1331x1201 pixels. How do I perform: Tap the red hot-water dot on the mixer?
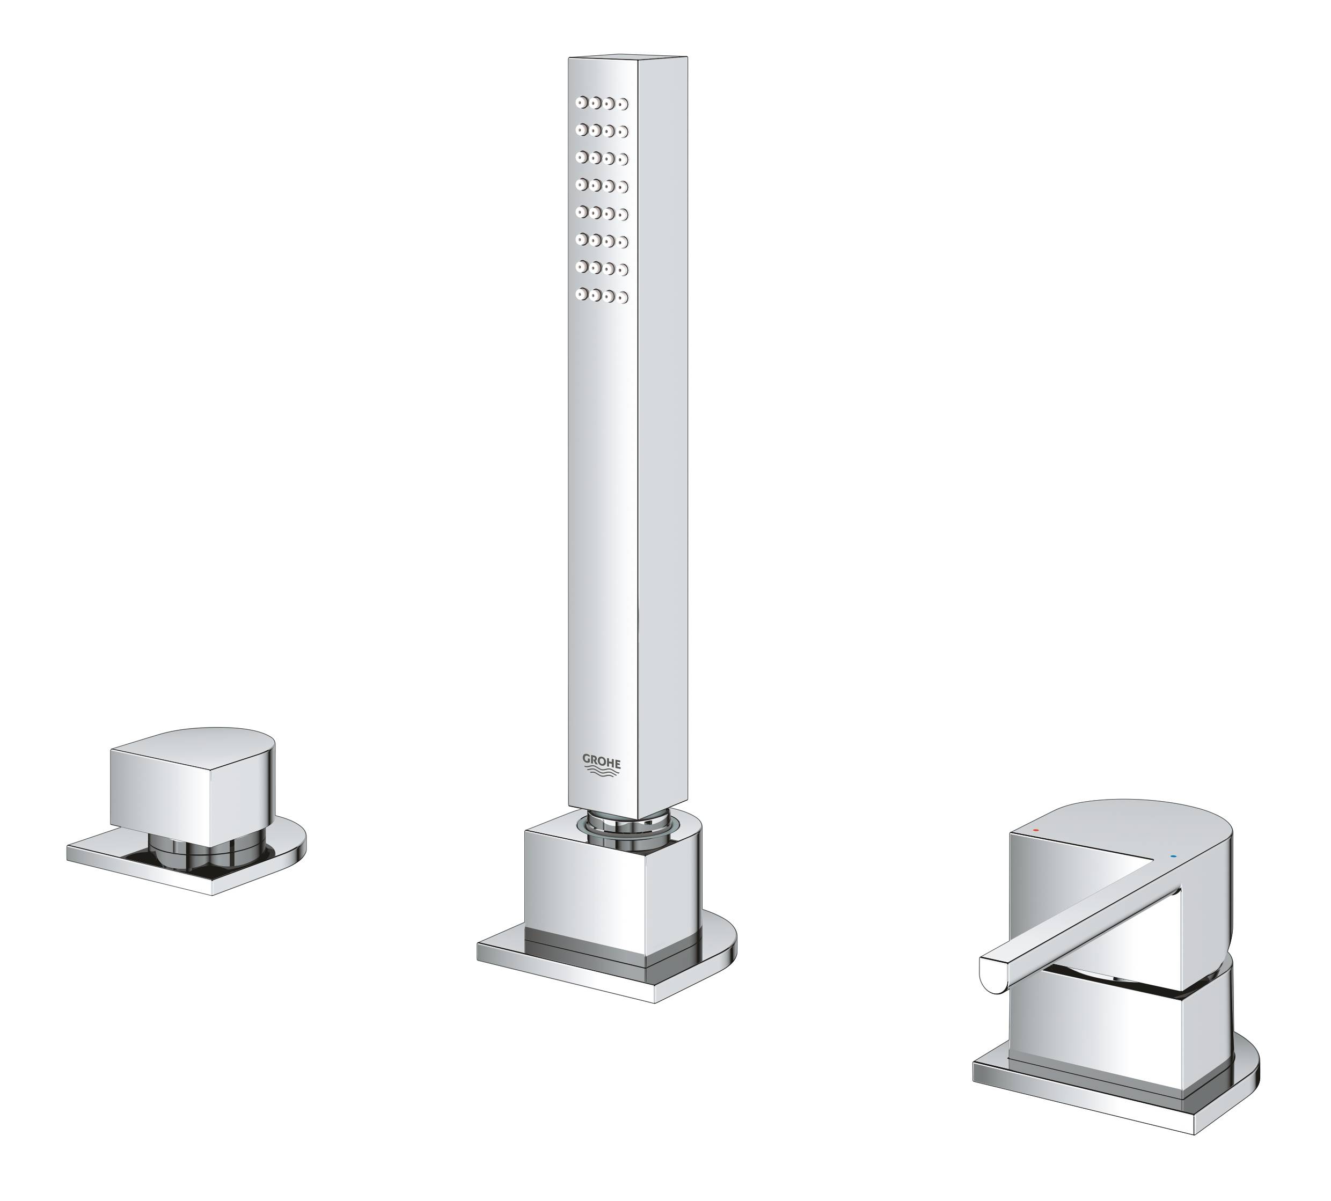(x=1035, y=829)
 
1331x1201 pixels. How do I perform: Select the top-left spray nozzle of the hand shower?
(x=581, y=102)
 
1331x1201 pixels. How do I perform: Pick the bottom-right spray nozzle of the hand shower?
(x=622, y=297)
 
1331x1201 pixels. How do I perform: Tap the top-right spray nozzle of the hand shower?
(x=622, y=104)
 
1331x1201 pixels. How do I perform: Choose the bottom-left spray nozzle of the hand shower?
(x=581, y=294)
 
